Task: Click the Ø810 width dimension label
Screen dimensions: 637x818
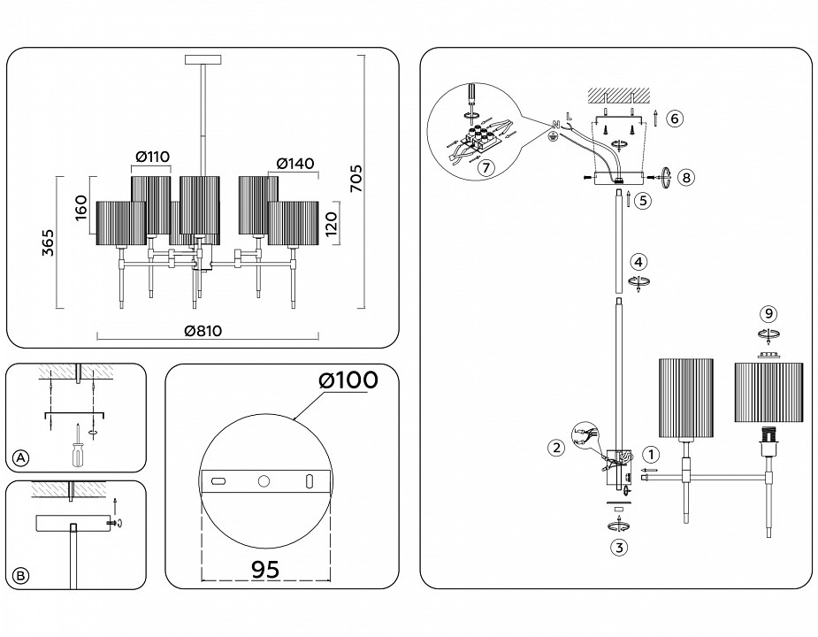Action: (203, 331)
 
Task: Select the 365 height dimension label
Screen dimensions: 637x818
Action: (50, 241)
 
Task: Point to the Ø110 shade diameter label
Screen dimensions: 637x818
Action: (151, 157)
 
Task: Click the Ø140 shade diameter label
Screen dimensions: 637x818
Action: (295, 163)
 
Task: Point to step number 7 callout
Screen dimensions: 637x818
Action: (484, 167)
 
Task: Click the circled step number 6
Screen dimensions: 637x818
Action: (674, 119)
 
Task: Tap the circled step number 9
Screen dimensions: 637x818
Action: (769, 313)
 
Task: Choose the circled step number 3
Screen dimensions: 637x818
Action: (620, 547)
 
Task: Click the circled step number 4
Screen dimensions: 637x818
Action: (638, 262)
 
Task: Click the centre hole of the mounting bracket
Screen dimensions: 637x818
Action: (264, 480)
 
